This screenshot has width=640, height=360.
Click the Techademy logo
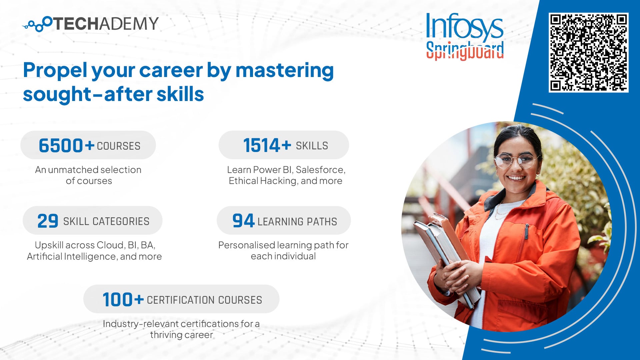(90, 24)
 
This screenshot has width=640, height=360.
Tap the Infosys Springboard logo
(465, 37)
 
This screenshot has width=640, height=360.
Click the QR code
(589, 52)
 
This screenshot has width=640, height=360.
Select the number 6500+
(66, 145)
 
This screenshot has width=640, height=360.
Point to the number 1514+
(267, 145)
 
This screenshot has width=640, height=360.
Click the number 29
(48, 221)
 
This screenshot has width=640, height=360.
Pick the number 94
(243, 221)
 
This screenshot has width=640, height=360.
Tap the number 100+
(123, 299)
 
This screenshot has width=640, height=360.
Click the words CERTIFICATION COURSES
(204, 300)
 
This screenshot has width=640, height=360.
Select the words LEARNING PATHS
(297, 222)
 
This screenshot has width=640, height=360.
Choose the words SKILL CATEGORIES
(106, 221)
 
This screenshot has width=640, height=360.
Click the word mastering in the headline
(285, 71)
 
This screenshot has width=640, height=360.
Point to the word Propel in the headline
(55, 71)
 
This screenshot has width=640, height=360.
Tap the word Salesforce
(320, 170)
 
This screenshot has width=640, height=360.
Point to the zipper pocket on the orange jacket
(527, 231)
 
